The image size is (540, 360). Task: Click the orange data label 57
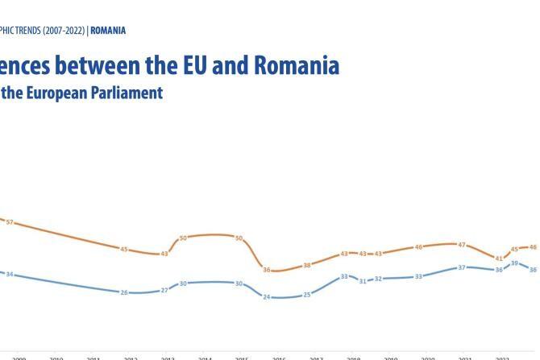(10, 221)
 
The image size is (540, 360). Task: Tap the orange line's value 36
(267, 270)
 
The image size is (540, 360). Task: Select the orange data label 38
(307, 265)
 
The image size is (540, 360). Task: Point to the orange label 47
(462, 245)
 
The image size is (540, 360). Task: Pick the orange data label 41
(499, 259)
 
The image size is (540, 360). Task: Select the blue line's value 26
(124, 292)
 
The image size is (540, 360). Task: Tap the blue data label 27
(164, 290)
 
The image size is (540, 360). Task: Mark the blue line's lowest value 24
(267, 297)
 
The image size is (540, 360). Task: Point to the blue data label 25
(307, 295)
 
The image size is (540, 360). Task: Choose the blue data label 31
(363, 280)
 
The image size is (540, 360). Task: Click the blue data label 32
(379, 279)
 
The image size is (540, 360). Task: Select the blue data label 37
(462, 267)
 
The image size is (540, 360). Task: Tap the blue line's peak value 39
(515, 263)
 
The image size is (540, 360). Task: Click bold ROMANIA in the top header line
(108, 31)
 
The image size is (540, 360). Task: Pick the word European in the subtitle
(63, 93)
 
